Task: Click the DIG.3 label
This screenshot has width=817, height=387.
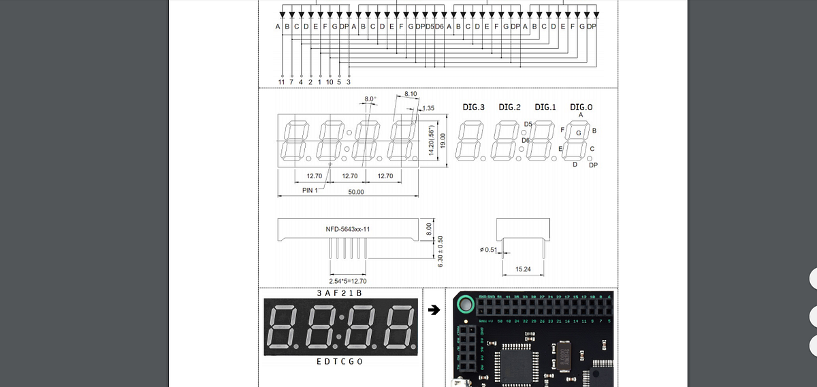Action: tap(473, 107)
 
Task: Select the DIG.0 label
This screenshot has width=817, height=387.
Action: tap(581, 107)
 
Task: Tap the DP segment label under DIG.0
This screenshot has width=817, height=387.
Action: tap(593, 165)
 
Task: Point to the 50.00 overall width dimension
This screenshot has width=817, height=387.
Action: tap(355, 192)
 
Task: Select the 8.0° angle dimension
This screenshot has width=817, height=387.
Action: tap(370, 99)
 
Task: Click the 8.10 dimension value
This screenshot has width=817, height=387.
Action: tap(411, 93)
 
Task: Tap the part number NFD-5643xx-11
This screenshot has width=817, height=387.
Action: tap(348, 229)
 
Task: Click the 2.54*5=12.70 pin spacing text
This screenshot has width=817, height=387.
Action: tap(347, 281)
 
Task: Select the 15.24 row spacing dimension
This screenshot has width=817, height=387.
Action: tap(524, 269)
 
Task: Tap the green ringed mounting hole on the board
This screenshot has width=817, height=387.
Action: tap(466, 304)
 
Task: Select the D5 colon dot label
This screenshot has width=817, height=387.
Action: tap(528, 123)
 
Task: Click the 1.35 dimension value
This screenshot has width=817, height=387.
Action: tap(428, 108)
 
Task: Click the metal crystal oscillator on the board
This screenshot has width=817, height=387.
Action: tap(564, 356)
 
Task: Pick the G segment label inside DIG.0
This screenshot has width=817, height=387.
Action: tap(579, 133)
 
